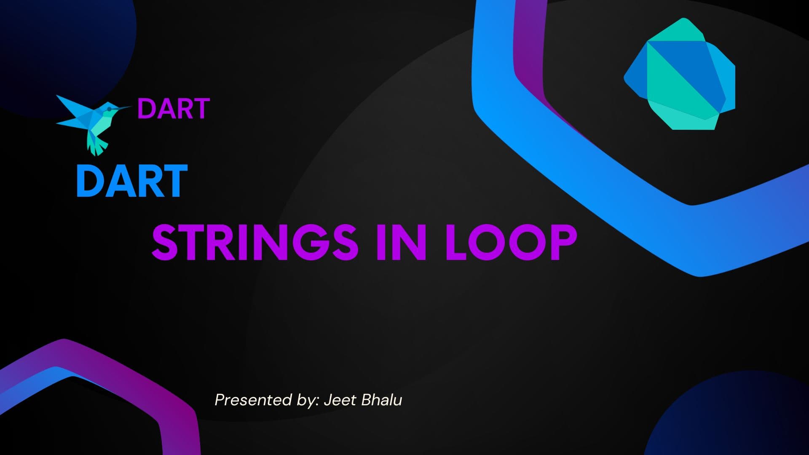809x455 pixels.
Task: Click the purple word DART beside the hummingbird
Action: [174, 109]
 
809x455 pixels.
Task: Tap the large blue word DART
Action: [132, 181]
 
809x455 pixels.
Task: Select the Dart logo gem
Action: [680, 74]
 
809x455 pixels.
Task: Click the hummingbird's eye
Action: [109, 109]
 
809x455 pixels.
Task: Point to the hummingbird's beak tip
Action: [131, 107]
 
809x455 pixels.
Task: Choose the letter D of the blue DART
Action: [90, 181]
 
